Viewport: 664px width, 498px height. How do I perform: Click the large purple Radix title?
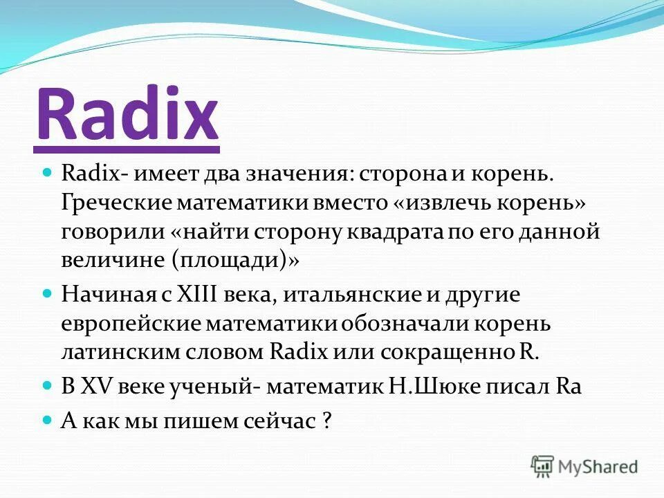click(x=127, y=114)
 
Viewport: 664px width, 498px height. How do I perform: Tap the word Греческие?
click(x=115, y=202)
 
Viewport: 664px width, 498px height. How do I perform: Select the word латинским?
click(x=118, y=351)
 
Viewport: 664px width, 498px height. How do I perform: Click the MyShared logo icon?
click(x=543, y=465)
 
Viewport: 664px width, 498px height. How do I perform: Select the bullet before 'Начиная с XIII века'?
click(x=48, y=294)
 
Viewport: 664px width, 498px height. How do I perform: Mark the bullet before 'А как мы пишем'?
click(x=48, y=418)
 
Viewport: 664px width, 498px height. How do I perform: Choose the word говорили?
click(x=110, y=232)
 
